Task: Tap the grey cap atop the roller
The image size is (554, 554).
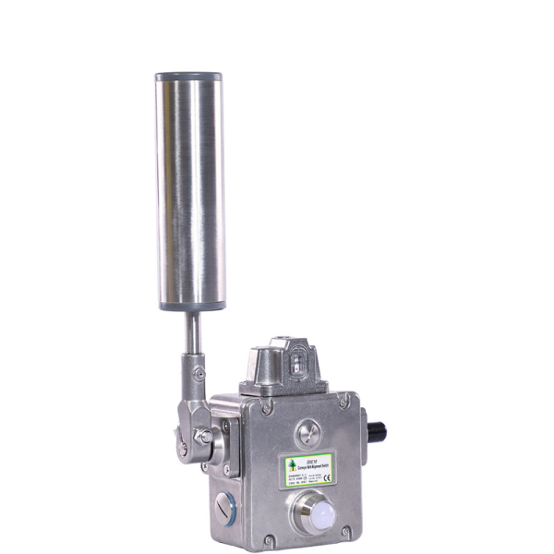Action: pyautogui.click(x=189, y=78)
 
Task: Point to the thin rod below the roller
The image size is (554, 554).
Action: pyautogui.click(x=189, y=334)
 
